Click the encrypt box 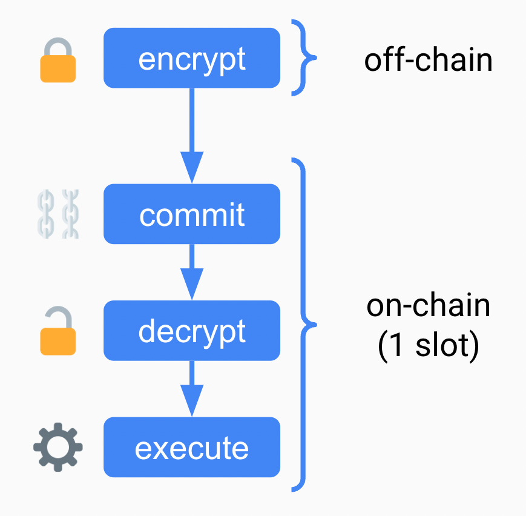[x=192, y=59]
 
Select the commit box [x=192, y=214]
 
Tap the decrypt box [x=192, y=331]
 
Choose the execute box [x=192, y=448]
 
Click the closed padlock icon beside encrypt [x=58, y=60]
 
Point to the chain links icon [x=58, y=214]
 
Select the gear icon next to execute [x=58, y=448]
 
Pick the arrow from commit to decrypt [x=192, y=272]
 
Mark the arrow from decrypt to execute [x=192, y=389]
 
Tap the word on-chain [x=428, y=306]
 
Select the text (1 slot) [x=428, y=346]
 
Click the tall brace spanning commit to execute [x=306, y=325]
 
